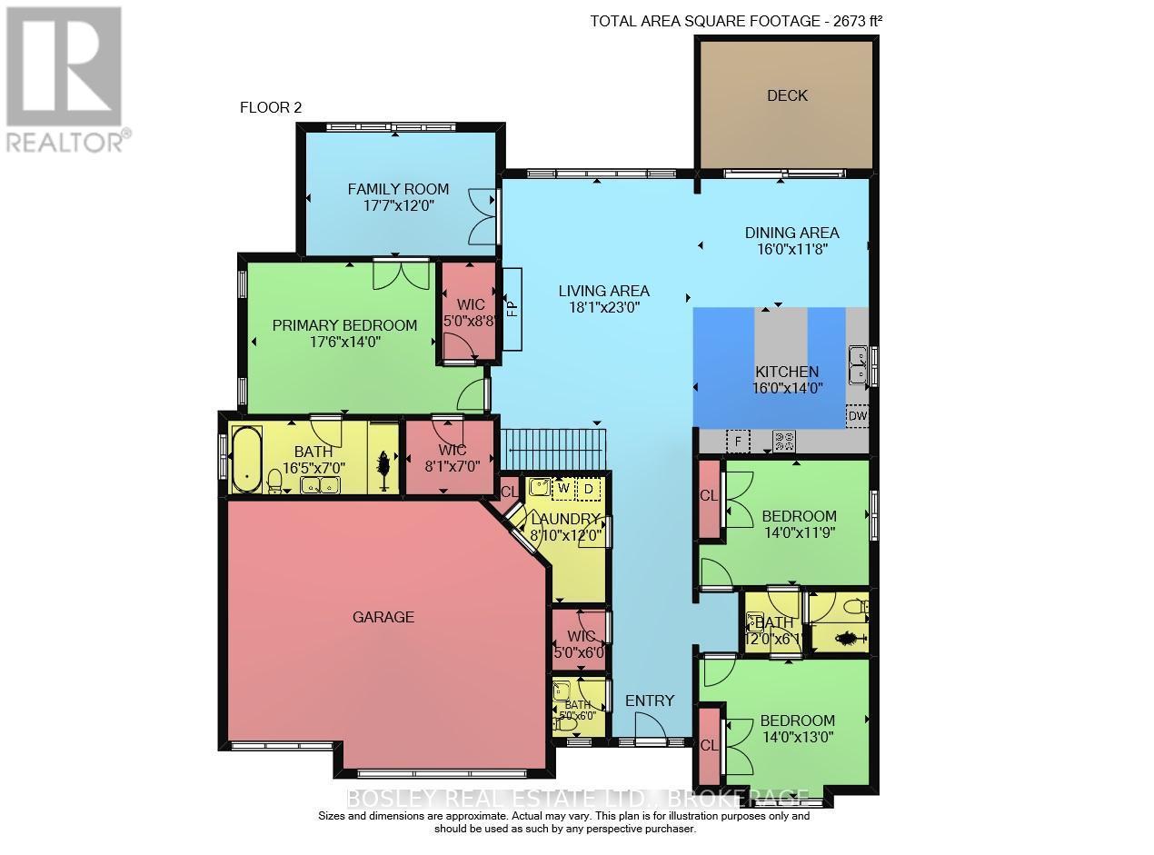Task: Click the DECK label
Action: coord(787,95)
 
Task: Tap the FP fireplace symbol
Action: coord(512,309)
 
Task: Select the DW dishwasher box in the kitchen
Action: coord(857,416)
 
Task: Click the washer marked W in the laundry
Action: coord(563,489)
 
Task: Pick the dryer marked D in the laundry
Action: coord(588,489)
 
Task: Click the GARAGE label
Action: coord(383,617)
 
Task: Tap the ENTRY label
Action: coord(650,701)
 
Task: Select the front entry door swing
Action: coord(650,728)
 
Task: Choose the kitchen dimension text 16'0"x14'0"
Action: coord(787,388)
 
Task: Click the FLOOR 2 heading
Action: coord(270,107)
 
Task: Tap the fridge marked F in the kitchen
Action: coord(738,442)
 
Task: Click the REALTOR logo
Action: coord(65,78)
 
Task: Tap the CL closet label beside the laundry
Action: coord(509,491)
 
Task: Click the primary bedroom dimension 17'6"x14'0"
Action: coord(344,343)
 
